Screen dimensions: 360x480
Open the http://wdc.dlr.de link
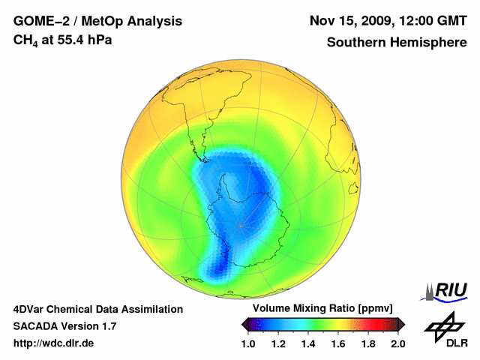tap(54, 343)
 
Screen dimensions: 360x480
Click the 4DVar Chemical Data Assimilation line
tap(97, 309)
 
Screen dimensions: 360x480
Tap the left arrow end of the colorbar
tap(244, 324)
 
